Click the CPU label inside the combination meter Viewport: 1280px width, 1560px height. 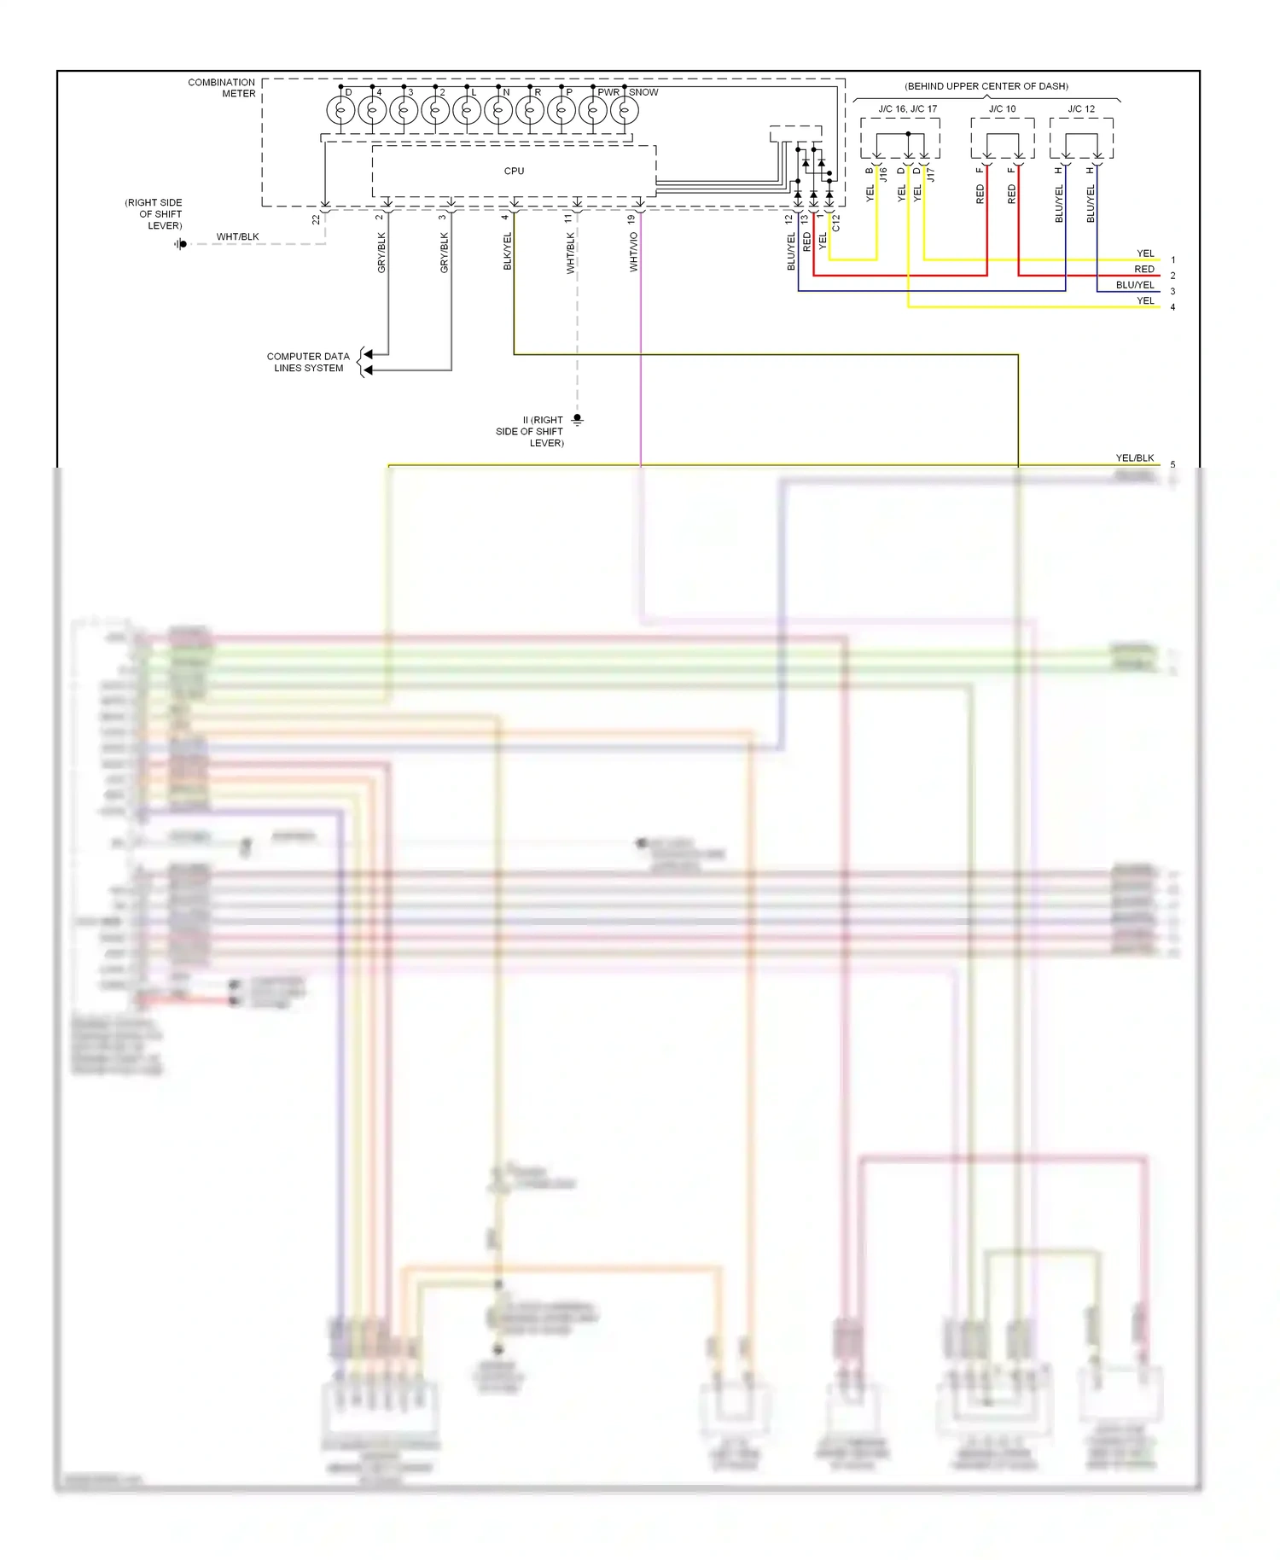[x=514, y=171]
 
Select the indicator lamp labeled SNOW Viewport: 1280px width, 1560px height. [x=625, y=110]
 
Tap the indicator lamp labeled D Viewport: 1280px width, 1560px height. [x=340, y=110]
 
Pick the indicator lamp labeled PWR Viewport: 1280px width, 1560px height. [x=593, y=110]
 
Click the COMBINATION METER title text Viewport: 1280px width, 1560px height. [x=222, y=88]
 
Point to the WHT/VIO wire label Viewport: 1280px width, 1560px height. [x=633, y=252]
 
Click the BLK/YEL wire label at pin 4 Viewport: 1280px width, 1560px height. [x=507, y=252]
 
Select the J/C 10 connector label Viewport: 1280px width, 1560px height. [x=1003, y=108]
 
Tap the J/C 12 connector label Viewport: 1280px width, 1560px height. [x=1081, y=108]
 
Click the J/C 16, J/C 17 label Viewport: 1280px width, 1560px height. [x=907, y=108]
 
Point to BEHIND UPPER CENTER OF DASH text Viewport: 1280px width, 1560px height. [x=986, y=86]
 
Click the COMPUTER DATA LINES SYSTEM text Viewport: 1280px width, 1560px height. [x=308, y=362]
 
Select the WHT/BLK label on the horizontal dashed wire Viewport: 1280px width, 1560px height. [x=237, y=236]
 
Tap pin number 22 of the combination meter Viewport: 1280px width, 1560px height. [x=316, y=219]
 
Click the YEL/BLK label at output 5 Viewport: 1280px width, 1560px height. [x=1134, y=457]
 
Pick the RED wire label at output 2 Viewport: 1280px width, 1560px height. [x=1143, y=269]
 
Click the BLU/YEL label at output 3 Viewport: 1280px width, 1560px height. [x=1134, y=284]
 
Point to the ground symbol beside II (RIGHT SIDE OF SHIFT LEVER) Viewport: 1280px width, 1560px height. [x=578, y=419]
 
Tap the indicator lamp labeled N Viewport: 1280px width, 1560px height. [x=498, y=110]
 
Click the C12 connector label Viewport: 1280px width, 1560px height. [x=836, y=223]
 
